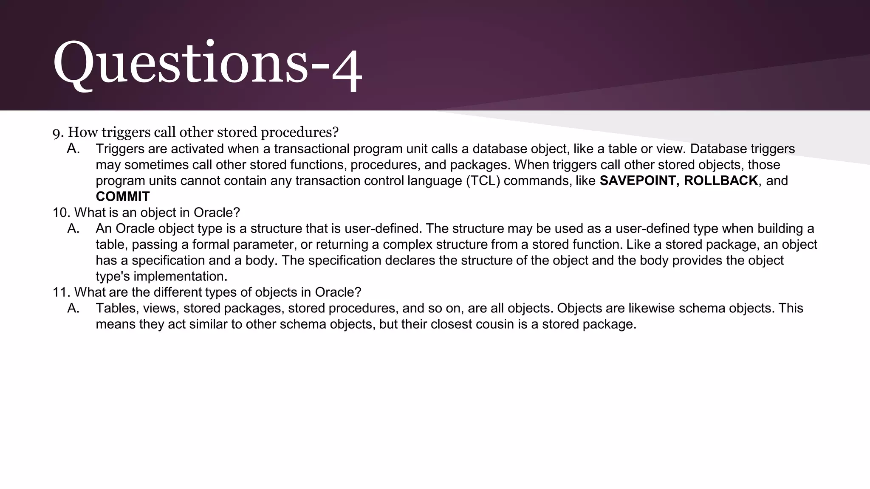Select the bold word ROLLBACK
(x=721, y=181)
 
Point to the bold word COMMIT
(x=123, y=197)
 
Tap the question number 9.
(x=58, y=133)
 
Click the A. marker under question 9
(x=73, y=149)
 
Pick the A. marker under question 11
(x=73, y=309)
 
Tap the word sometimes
(x=156, y=165)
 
